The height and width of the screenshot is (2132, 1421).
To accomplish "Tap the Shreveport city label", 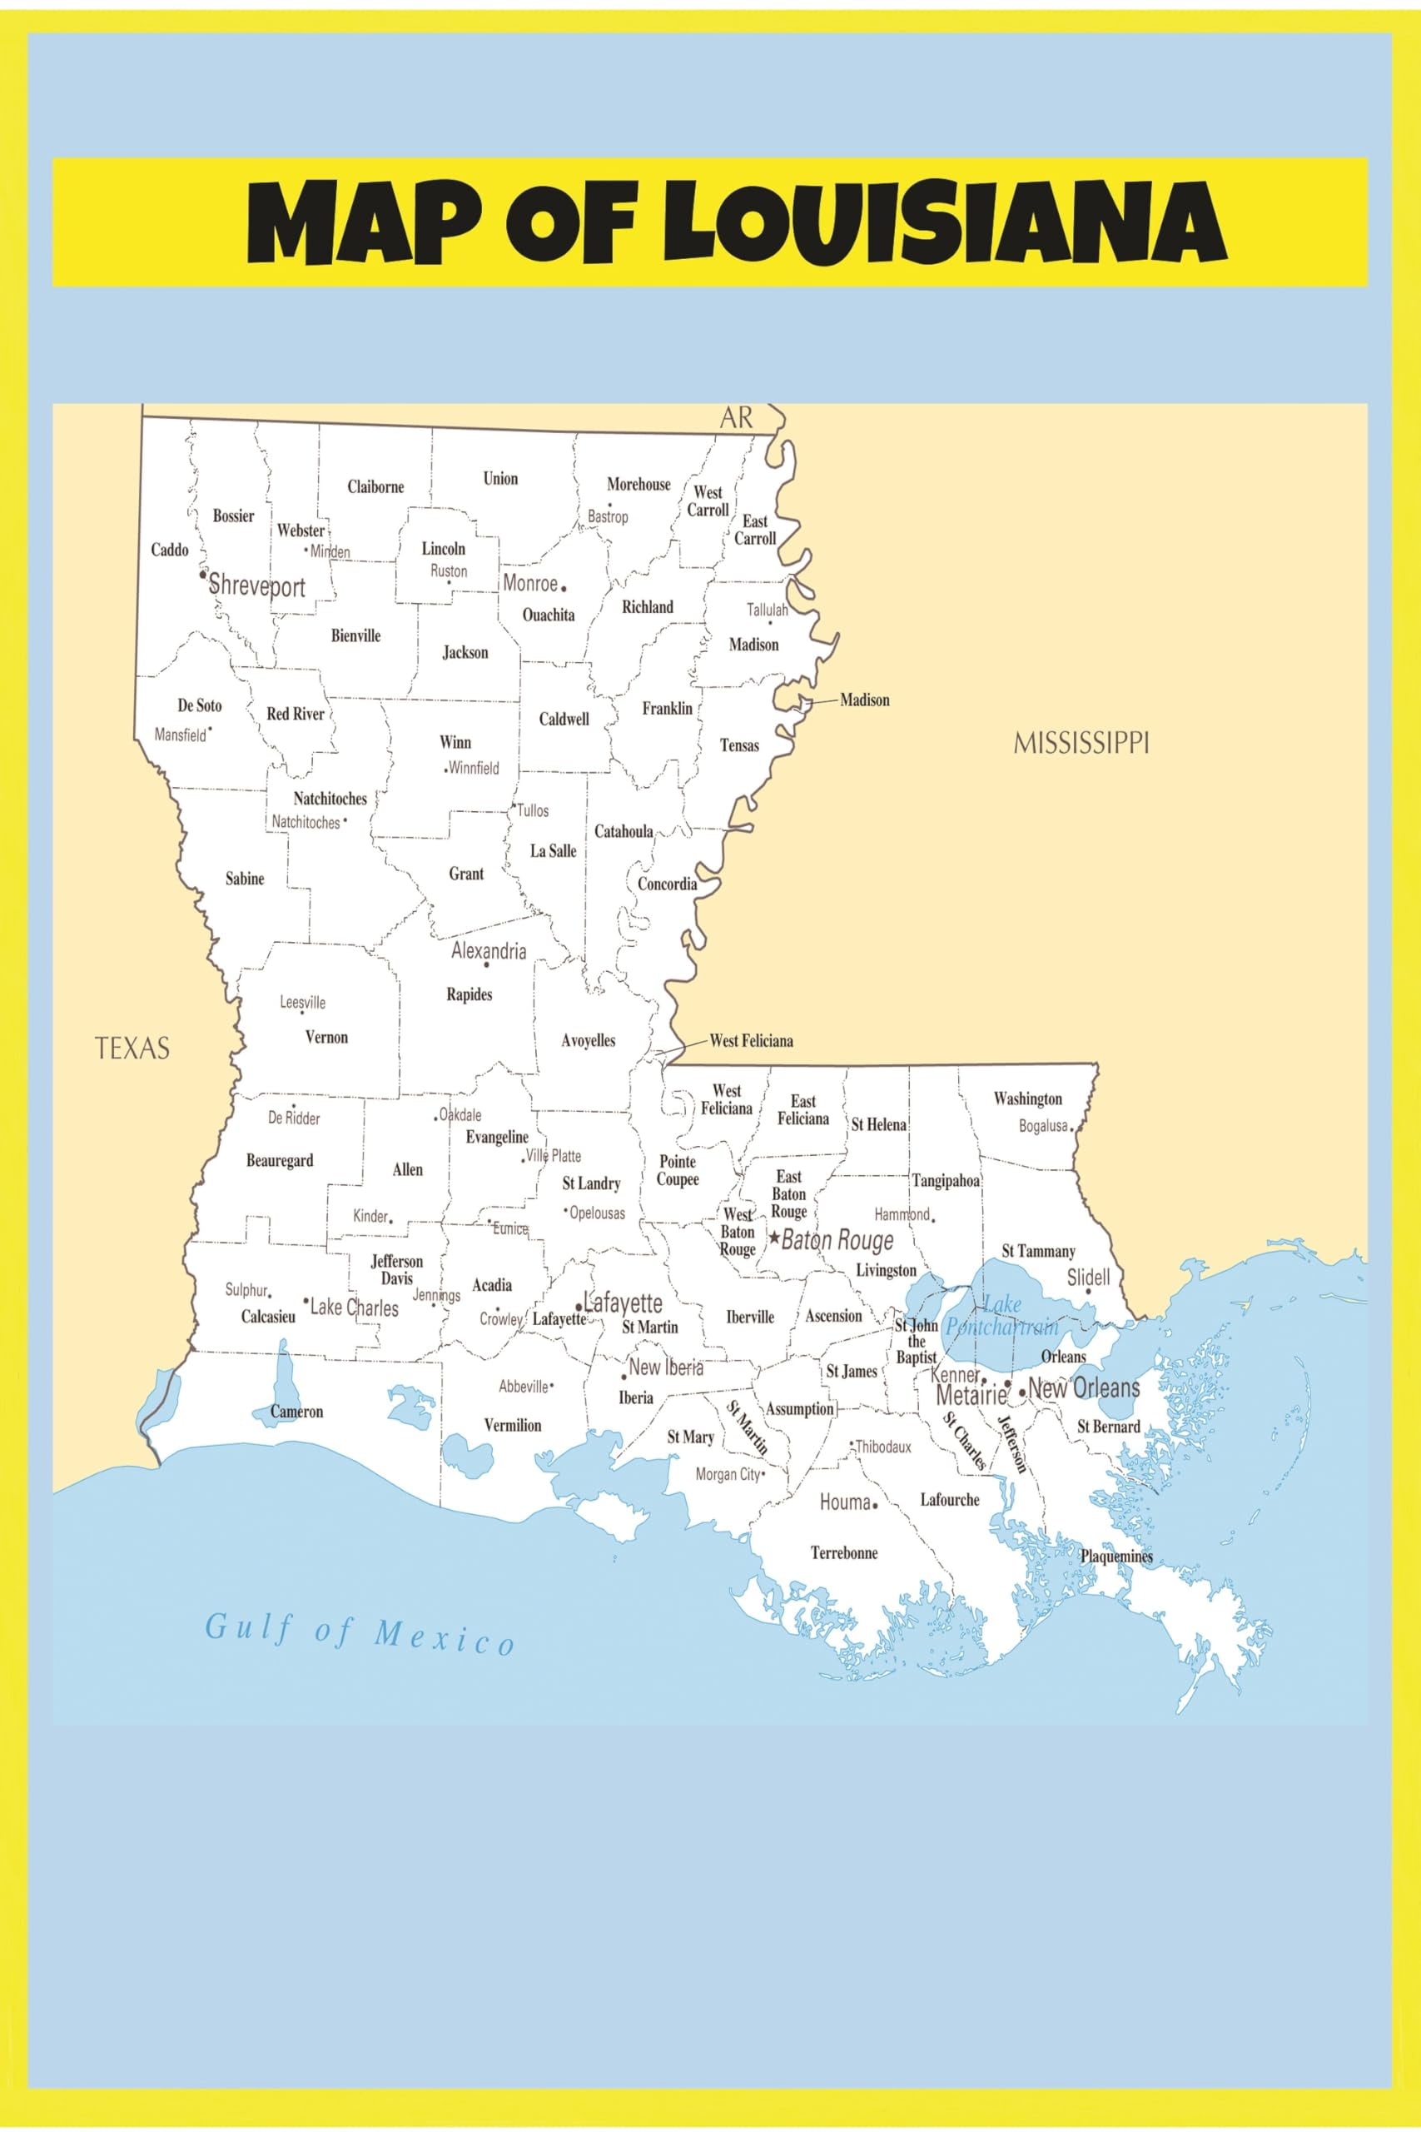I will tap(257, 585).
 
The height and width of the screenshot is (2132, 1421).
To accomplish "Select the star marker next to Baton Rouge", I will tap(774, 1237).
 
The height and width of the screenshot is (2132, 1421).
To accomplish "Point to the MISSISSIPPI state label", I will tap(1081, 744).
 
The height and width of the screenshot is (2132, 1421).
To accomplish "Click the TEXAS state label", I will tap(132, 1048).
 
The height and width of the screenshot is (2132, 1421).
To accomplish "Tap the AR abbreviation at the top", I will tap(736, 418).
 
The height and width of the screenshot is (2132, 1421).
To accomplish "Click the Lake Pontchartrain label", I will tap(1001, 1316).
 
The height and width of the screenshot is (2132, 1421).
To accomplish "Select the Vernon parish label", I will tap(326, 1037).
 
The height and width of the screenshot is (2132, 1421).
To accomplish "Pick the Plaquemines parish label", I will tap(1115, 1557).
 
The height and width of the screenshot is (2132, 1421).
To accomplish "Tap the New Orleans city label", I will tap(1083, 1387).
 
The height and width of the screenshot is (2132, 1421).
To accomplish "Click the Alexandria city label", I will tap(489, 951).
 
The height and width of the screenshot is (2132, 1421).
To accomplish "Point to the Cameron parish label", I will tap(296, 1412).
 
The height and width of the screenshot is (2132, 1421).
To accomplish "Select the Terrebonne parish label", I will tap(844, 1552).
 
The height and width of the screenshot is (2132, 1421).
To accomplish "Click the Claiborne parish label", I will tap(375, 486).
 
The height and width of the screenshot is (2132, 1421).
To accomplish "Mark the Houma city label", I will tap(845, 1502).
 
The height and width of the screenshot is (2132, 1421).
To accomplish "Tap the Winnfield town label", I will tap(473, 768).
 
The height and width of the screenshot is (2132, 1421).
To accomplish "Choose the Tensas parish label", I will tap(739, 745).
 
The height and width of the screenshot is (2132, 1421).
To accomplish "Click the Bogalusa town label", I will tap(1043, 1126).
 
